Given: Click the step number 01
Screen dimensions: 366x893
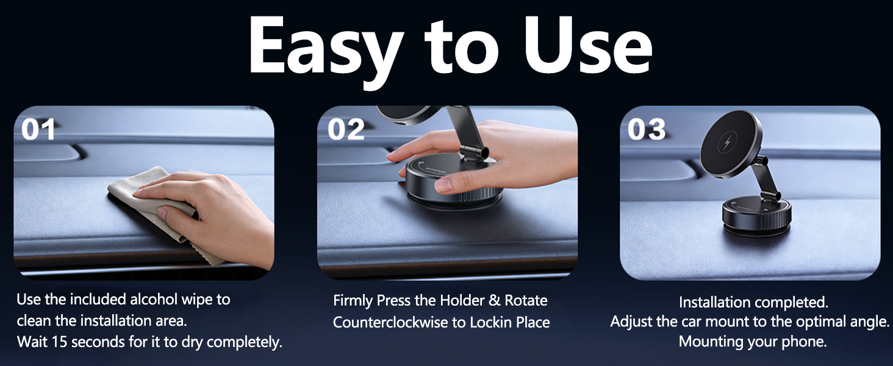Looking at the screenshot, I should tap(38, 129).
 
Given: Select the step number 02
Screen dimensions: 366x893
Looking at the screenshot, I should tap(346, 129).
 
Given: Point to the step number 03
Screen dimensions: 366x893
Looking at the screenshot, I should tap(647, 129).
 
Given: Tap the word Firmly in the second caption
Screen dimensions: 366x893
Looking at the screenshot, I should tap(353, 301).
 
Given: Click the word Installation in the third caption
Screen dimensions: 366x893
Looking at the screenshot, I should tap(714, 302).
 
